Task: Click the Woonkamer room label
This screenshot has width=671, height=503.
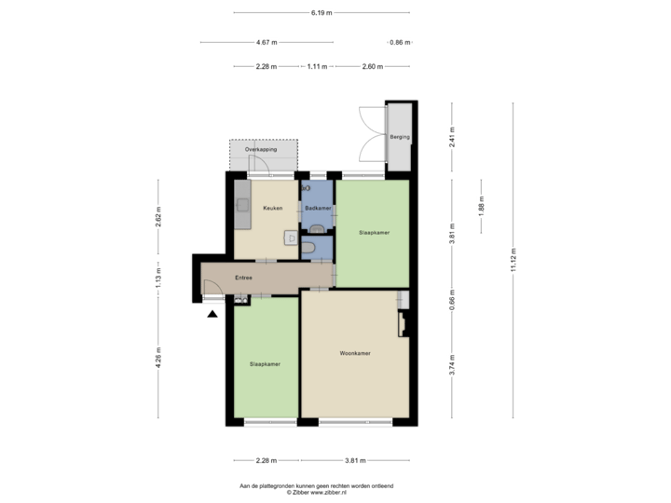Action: coord(355,354)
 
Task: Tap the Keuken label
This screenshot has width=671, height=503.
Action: coord(273,208)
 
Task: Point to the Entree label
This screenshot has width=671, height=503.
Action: coord(244,278)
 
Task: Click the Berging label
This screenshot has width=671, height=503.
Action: coord(401,138)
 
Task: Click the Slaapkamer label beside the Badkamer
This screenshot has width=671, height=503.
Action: coord(374,232)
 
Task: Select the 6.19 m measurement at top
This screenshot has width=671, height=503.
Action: coord(321,13)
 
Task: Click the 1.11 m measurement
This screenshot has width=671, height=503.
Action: coord(317,66)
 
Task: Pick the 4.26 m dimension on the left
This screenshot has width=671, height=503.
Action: coord(158,359)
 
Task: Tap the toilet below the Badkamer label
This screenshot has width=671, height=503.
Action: coord(318,229)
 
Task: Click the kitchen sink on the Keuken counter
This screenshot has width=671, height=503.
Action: coord(242,203)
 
